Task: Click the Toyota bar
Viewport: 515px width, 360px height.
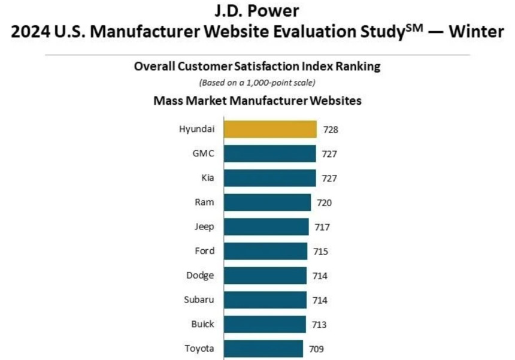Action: tap(263, 349)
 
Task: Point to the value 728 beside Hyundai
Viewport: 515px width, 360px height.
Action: tap(331, 129)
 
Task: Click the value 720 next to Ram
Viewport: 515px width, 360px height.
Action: tap(325, 202)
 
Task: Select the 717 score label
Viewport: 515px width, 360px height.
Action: tap(322, 227)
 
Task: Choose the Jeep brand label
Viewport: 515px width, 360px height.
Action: tap(204, 227)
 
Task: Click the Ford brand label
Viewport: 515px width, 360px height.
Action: tap(204, 251)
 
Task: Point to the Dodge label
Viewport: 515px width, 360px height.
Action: tap(201, 276)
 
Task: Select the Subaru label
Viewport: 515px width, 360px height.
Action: tap(199, 300)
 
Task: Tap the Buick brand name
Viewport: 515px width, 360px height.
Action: tap(203, 324)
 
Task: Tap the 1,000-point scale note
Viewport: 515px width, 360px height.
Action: tap(257, 82)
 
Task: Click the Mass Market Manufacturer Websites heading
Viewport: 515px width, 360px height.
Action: tap(257, 101)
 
